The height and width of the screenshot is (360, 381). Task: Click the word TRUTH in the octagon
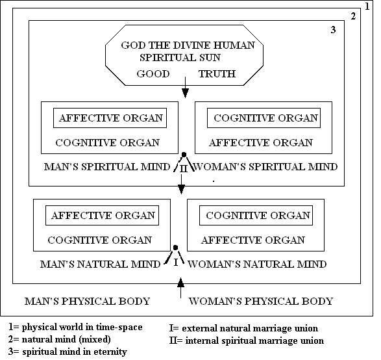pos(217,73)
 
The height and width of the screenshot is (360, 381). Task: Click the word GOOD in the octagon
pos(153,73)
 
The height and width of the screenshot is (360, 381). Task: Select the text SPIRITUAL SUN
pos(180,57)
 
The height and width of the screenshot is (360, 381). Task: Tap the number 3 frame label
pos(333,30)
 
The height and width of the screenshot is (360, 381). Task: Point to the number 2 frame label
pos(353,16)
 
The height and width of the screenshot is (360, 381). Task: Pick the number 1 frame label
pos(367,6)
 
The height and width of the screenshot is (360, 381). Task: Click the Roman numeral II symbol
pos(184,168)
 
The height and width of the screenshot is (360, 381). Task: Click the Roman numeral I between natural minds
pos(176,263)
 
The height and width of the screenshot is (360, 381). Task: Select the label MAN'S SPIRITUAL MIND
pos(107,167)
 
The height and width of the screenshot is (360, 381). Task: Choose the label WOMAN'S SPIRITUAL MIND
pos(265,167)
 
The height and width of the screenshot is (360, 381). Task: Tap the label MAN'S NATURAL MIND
pos(100,264)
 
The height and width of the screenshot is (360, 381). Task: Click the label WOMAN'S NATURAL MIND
pos(257,264)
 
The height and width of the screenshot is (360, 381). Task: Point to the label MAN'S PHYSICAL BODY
pos(87,301)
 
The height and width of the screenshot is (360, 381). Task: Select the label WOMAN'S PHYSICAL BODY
pos(261,301)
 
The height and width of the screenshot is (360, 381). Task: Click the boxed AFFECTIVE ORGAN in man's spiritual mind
pos(111,118)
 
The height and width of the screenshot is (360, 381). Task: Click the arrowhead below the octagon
pos(185,93)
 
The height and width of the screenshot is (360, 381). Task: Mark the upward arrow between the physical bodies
pos(180,288)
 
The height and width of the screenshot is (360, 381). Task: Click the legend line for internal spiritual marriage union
pos(247,341)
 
